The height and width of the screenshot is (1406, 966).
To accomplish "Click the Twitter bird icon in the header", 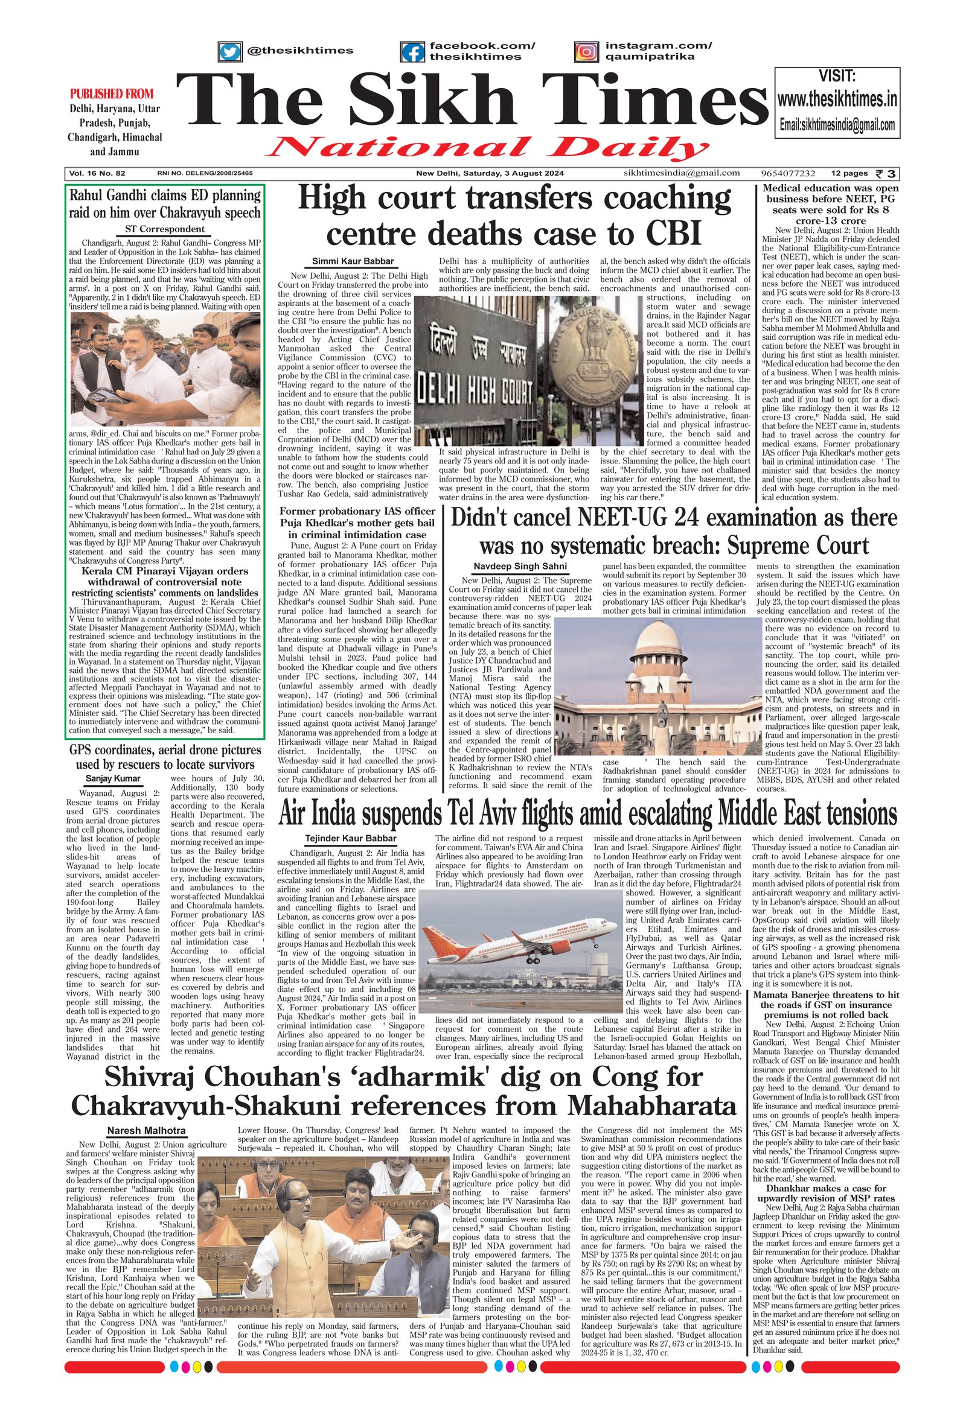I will (x=229, y=51).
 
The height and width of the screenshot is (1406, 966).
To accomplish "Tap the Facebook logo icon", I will (x=412, y=51).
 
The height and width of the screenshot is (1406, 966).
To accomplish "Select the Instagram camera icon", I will (x=586, y=51).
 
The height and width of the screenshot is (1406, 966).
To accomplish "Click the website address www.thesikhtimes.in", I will (x=837, y=98).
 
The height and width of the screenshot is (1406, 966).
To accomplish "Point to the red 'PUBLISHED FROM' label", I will (x=112, y=94).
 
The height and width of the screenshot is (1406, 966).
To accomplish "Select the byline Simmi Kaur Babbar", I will (x=353, y=261).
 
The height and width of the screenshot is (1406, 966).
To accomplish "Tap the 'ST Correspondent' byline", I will (x=165, y=229).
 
